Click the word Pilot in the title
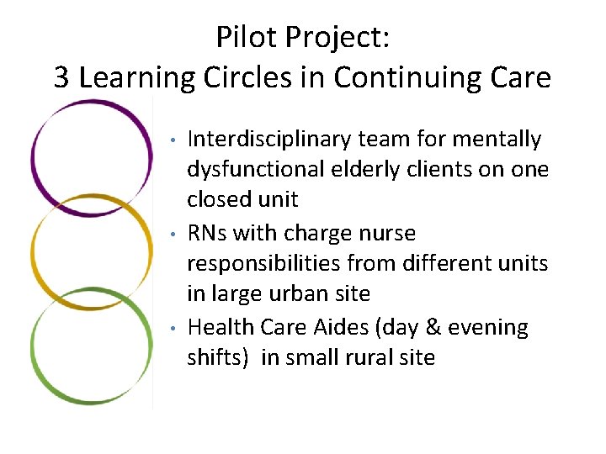(x=245, y=38)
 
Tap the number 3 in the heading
(x=62, y=78)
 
